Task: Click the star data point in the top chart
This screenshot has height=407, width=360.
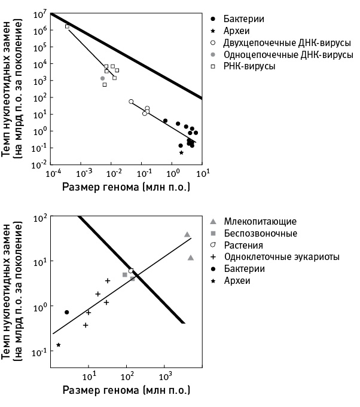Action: click(181, 152)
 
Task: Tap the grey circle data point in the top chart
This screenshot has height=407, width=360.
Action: click(102, 78)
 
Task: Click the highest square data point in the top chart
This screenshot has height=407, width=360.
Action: click(67, 26)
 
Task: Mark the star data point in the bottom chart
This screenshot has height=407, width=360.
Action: click(59, 345)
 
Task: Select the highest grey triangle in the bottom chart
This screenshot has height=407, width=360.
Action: click(187, 234)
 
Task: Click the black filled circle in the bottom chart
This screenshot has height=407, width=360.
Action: click(67, 312)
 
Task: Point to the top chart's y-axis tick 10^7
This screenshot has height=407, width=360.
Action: click(41, 13)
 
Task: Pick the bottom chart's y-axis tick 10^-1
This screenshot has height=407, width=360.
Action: click(41, 353)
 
